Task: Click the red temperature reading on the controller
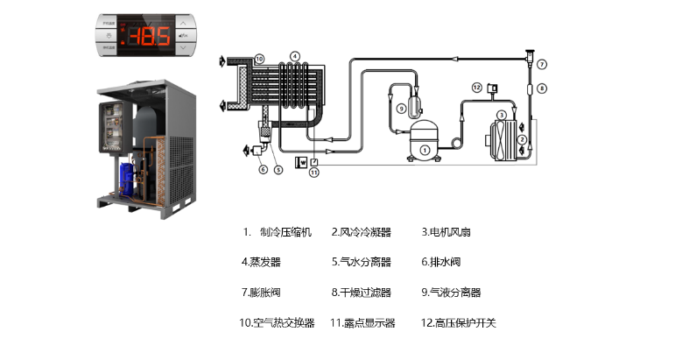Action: coord(148,36)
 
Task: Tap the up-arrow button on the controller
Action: coord(181,23)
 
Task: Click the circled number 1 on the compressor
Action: coord(424,150)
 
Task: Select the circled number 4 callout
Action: coord(295,57)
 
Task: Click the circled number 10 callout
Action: coord(258,59)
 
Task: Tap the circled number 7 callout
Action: coord(543,64)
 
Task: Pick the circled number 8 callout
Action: coord(543,88)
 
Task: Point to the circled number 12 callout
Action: coord(476,87)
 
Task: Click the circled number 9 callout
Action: coord(401,108)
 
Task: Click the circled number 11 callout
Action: coord(313,173)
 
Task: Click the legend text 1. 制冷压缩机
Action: coord(277,232)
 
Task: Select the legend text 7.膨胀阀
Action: coord(261,292)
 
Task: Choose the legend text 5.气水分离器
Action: coord(361,262)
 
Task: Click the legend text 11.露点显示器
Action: coord(362,322)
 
